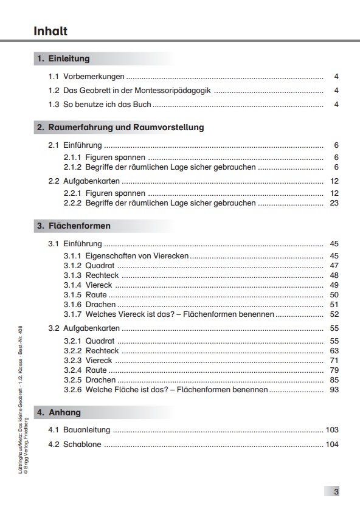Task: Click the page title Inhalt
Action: pyautogui.click(x=50, y=31)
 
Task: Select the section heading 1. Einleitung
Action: pyautogui.click(x=63, y=59)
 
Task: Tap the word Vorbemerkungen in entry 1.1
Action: pyautogui.click(x=94, y=77)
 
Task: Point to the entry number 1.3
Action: pyautogui.click(x=54, y=105)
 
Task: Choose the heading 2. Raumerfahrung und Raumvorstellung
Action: pyautogui.click(x=120, y=128)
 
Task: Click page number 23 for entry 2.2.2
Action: pyautogui.click(x=334, y=203)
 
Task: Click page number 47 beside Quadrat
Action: pyautogui.click(x=334, y=266)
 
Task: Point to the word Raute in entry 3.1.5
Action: pyautogui.click(x=96, y=295)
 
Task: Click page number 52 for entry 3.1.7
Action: pyautogui.click(x=334, y=314)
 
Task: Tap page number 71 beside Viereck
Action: pyautogui.click(x=334, y=361)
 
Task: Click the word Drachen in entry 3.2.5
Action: pyautogui.click(x=100, y=380)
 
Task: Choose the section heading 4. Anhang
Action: pyautogui.click(x=58, y=412)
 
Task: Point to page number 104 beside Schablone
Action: pyautogui.click(x=332, y=445)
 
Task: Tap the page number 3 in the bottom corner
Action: pyautogui.click(x=336, y=492)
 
